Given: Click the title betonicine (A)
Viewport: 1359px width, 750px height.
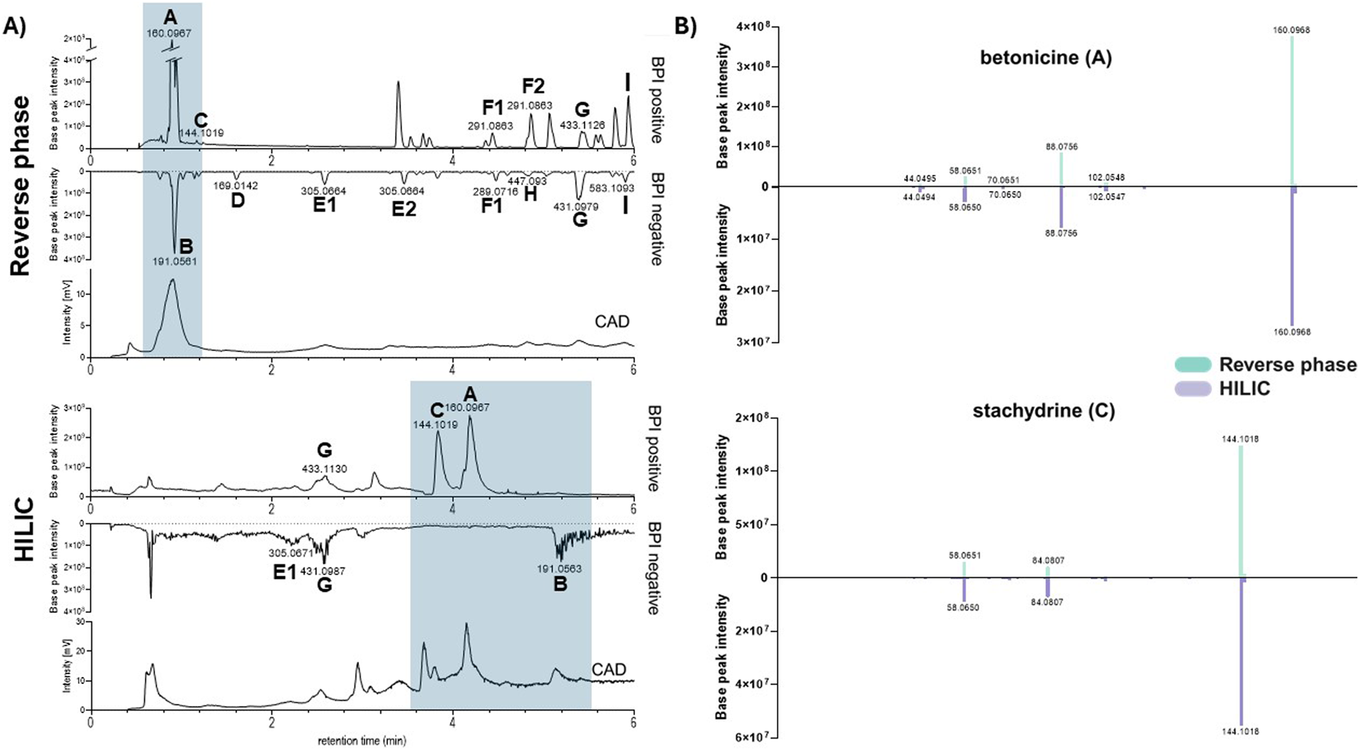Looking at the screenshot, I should pyautogui.click(x=1045, y=58).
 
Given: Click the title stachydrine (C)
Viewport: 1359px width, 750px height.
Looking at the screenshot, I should pyautogui.click(x=1044, y=411).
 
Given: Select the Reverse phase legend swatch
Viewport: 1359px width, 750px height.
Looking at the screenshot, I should pyautogui.click(x=1193, y=365).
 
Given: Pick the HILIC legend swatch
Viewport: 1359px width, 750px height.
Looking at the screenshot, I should pyautogui.click(x=1193, y=389).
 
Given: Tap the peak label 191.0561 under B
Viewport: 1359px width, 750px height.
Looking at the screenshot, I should pyautogui.click(x=174, y=262).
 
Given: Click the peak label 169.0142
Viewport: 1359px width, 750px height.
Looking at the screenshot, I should pyautogui.click(x=235, y=186).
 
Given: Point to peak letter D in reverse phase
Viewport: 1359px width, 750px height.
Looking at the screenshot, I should pyautogui.click(x=238, y=202).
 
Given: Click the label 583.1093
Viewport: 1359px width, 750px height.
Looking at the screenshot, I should pyautogui.click(x=611, y=188).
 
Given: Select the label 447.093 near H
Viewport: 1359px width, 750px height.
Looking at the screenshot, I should pyautogui.click(x=527, y=181).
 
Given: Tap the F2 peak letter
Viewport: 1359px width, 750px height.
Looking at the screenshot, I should pyautogui.click(x=533, y=86).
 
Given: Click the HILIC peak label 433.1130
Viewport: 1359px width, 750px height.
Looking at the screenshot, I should pyautogui.click(x=324, y=469).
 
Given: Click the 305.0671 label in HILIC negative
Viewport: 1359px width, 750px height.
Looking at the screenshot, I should pyautogui.click(x=291, y=553).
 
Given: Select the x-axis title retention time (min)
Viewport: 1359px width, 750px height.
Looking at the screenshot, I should pyautogui.click(x=362, y=741).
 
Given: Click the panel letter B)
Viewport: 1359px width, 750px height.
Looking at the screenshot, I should pyautogui.click(x=684, y=27).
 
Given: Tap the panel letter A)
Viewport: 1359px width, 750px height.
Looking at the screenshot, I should pyautogui.click(x=15, y=27).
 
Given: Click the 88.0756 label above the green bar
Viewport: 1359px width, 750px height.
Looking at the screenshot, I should pyautogui.click(x=1061, y=146).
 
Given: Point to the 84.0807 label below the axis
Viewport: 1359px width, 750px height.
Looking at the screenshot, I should pyautogui.click(x=1048, y=602).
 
